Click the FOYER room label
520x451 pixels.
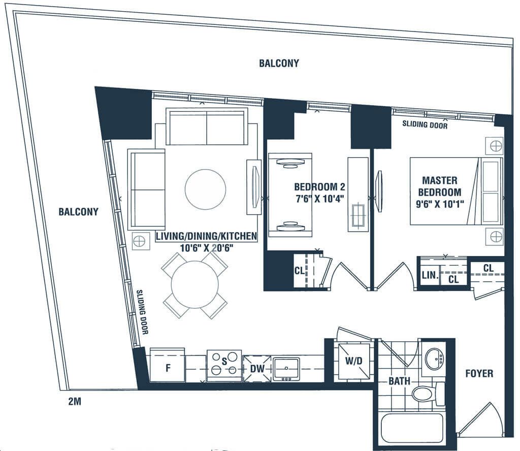point(479,374)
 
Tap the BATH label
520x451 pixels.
point(399,381)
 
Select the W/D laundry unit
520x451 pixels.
point(353,361)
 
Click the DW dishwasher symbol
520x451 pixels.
point(257,369)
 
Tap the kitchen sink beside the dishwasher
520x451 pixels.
point(286,369)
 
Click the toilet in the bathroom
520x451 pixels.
point(428,394)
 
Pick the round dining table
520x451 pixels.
point(194,284)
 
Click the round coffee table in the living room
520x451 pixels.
point(205,189)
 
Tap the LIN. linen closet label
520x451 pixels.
point(430,275)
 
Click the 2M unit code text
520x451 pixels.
point(75,402)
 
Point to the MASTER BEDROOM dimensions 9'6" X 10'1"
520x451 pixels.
point(440,204)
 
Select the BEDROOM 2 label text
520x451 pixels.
point(319,187)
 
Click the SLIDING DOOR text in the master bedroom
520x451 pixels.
point(425,125)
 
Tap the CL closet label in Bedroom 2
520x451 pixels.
point(299,271)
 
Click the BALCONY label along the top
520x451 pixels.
point(279,63)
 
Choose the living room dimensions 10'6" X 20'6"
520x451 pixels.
point(207,248)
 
